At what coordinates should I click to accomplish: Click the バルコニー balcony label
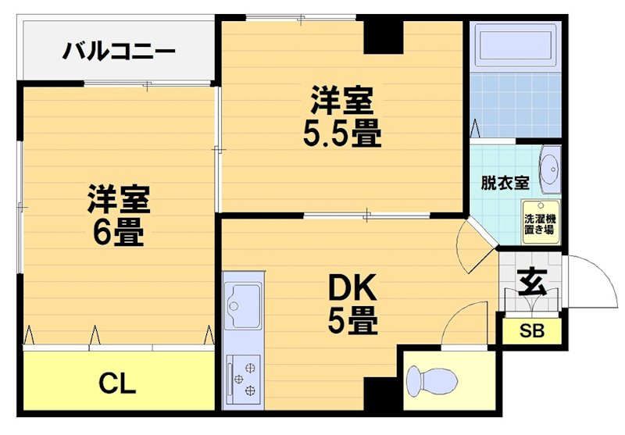119,53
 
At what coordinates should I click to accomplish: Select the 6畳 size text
117,232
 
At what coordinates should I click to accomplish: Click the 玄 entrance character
532,281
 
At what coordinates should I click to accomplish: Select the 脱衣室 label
505,184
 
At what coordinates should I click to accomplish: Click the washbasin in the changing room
550,168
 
